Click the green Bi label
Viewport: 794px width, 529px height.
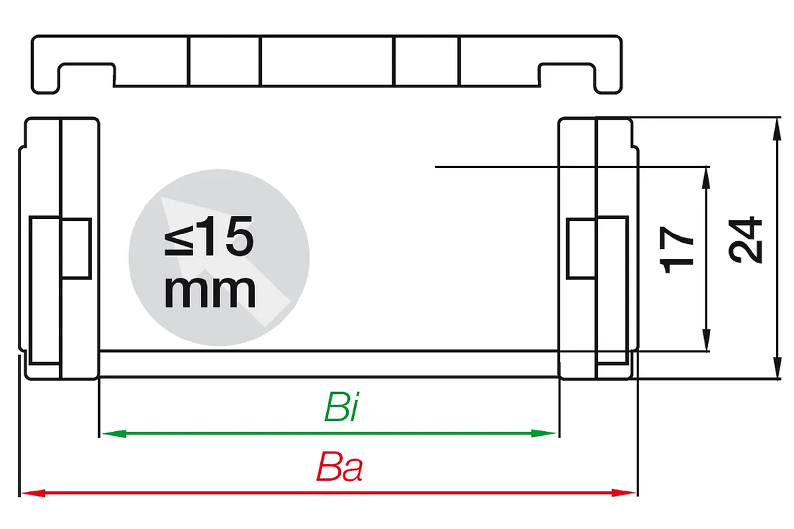coord(341,407)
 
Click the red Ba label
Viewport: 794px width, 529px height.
coord(339,467)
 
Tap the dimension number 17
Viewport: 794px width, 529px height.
coord(676,250)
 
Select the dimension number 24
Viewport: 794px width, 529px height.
coord(745,240)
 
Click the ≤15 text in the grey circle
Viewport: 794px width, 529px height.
coord(209,235)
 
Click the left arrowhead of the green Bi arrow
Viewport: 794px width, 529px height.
coord(114,433)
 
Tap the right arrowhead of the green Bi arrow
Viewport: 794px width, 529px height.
coord(543,433)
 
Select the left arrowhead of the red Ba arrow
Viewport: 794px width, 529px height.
coord(33,493)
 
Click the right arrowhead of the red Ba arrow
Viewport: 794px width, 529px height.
coord(623,493)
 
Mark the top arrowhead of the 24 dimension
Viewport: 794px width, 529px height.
coord(777,130)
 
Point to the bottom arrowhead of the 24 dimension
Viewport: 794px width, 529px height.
coord(777,368)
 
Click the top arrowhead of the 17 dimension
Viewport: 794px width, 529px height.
coord(706,179)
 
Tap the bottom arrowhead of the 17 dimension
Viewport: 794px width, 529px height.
coord(706,340)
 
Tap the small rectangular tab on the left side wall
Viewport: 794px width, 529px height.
coord(76,249)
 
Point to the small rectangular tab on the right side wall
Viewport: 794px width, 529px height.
coord(582,249)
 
